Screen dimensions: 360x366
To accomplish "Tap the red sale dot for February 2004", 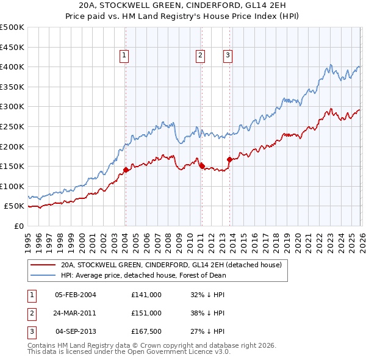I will click(x=126, y=170).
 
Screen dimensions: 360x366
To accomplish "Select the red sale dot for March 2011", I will click(x=202, y=166).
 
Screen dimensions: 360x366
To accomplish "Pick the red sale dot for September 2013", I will click(x=229, y=159).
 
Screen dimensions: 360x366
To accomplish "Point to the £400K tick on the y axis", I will click(x=12, y=67).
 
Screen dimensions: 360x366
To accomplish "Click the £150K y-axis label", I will click(x=12, y=167).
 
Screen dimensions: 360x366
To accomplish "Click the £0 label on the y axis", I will click(x=19, y=226).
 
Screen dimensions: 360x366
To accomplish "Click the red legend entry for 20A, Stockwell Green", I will click(x=171, y=265).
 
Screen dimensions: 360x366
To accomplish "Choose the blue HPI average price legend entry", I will click(x=143, y=275).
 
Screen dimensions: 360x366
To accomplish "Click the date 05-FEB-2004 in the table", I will click(x=76, y=295).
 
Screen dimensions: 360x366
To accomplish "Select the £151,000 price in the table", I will click(x=146, y=313).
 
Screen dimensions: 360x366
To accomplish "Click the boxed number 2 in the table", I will click(x=30, y=313).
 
